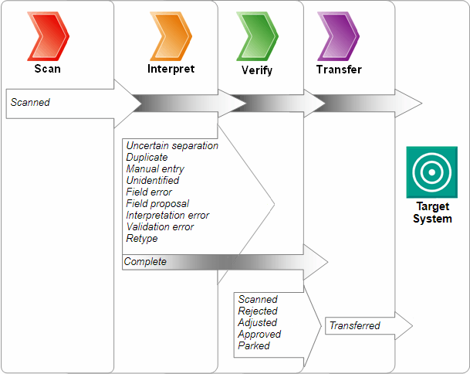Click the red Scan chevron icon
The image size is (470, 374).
48,36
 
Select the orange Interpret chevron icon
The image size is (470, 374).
171,36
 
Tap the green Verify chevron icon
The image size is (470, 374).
256,36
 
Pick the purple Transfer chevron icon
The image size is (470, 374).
338,36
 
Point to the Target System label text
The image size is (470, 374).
432,212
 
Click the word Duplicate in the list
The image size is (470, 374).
147,157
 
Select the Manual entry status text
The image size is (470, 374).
155,168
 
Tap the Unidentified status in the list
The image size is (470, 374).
153,180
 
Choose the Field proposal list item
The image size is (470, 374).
157,203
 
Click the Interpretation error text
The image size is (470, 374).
167,215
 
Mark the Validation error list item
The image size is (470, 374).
160,226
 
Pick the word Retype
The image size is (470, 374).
142,238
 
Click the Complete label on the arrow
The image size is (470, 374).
145,262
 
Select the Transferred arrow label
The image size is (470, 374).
355,325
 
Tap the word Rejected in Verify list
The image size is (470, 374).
258,311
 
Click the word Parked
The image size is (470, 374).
254,345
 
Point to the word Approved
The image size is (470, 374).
259,334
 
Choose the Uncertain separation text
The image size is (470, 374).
172,145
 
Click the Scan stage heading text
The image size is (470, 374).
48,69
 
